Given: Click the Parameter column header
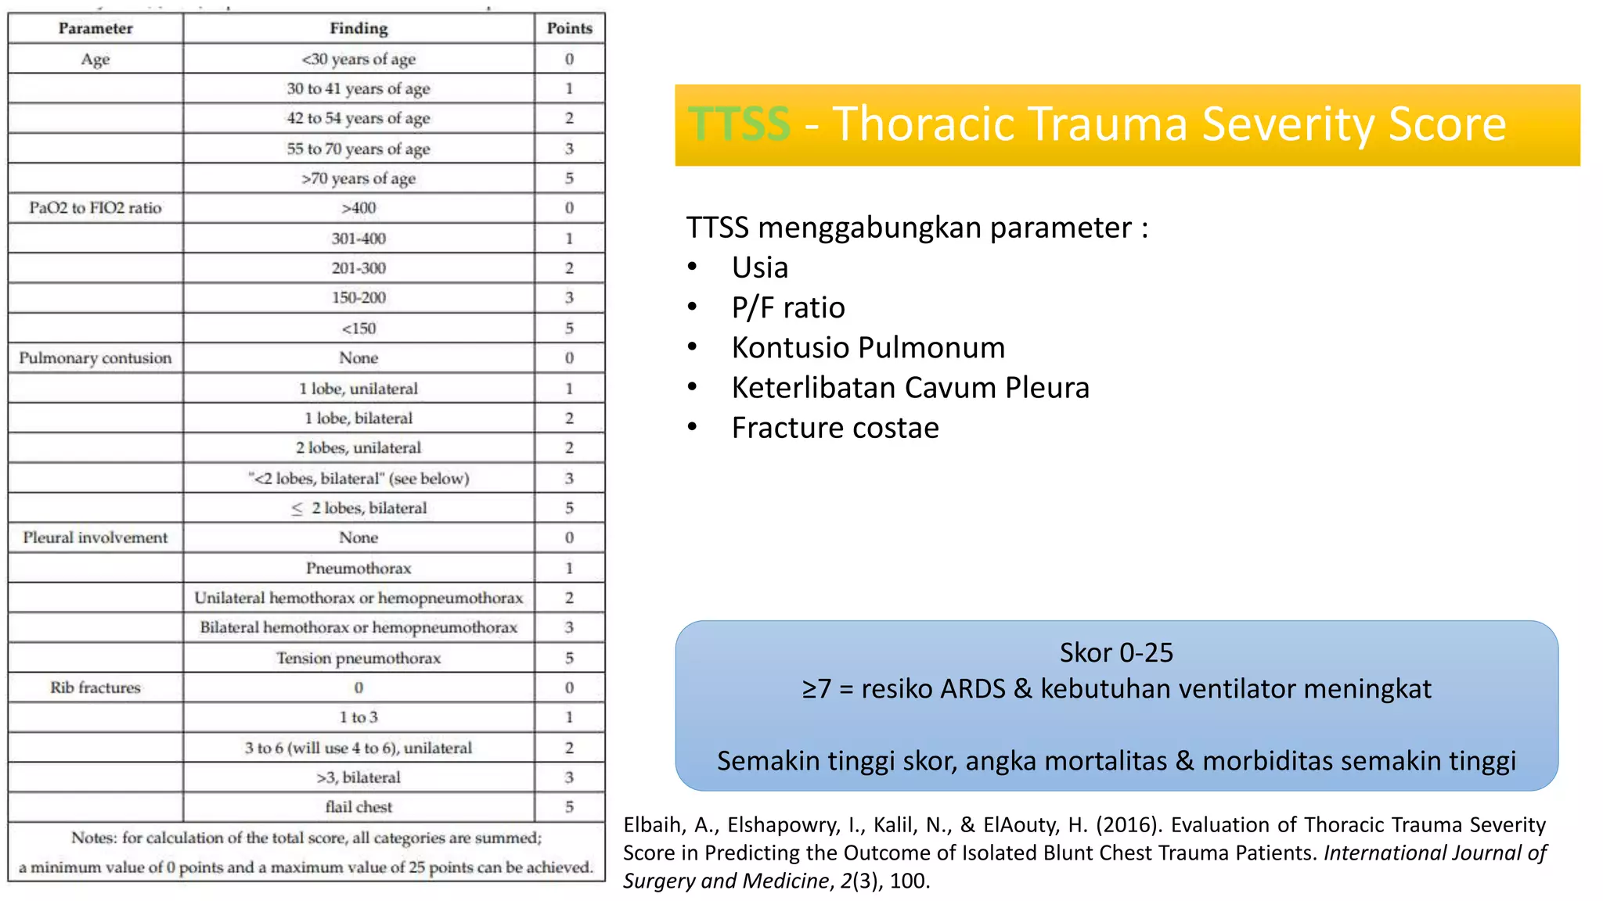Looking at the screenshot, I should (95, 29).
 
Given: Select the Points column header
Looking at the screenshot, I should (569, 29).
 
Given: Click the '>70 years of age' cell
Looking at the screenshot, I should (358, 178).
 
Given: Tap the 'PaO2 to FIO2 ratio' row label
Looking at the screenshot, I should (95, 208).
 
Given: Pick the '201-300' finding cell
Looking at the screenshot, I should (358, 268).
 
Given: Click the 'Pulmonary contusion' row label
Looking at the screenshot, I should (95, 358).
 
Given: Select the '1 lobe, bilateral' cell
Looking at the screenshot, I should (358, 418).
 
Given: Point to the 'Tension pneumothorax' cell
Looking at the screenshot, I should (358, 659).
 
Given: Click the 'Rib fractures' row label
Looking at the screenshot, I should (95, 688).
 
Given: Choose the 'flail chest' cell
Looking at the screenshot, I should (358, 807).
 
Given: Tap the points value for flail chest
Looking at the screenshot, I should (569, 807).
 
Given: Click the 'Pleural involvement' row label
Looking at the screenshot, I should (95, 538).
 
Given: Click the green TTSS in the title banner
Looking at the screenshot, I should (739, 124).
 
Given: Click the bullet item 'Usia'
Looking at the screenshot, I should (760, 267).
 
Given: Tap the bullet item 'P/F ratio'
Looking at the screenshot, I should (788, 307).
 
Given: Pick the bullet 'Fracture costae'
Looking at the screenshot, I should (835, 428).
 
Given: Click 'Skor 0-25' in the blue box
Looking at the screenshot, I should (1116, 652).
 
